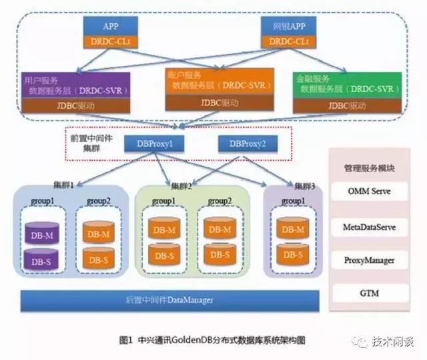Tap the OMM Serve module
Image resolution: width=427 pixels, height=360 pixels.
point(370,192)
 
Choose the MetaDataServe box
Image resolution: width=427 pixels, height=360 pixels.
point(370,227)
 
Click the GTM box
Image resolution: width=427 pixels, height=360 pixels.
point(370,293)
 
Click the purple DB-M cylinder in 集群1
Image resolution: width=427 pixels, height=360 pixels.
point(39,235)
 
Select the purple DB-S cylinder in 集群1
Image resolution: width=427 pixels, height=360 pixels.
point(39,261)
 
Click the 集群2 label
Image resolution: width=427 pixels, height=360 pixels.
point(181,186)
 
